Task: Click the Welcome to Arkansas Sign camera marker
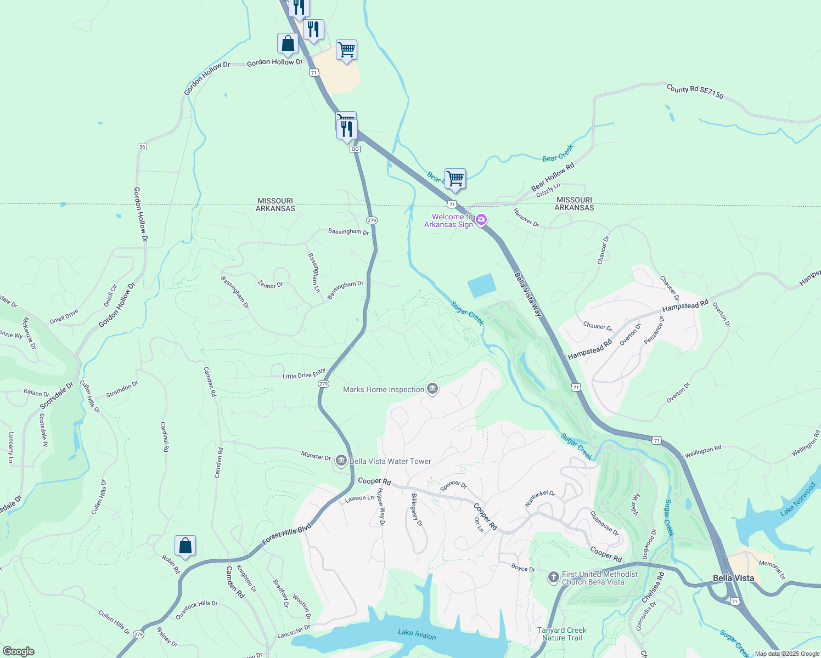(x=481, y=220)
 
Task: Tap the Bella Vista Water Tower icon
(x=341, y=461)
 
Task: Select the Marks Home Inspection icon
(x=432, y=389)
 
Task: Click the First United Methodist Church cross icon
(x=553, y=577)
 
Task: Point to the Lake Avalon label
(x=417, y=634)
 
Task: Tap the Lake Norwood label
(x=798, y=499)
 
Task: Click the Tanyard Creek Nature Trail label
(x=561, y=634)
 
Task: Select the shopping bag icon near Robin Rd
(x=185, y=546)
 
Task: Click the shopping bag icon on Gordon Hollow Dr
(x=288, y=44)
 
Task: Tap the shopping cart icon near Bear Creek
(x=455, y=179)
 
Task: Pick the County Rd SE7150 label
(x=695, y=91)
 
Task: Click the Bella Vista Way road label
(x=528, y=294)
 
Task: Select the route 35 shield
(x=142, y=147)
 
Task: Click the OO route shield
(x=355, y=149)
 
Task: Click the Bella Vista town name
(x=733, y=578)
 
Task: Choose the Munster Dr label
(x=316, y=456)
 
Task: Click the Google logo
(x=18, y=651)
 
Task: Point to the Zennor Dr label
(x=270, y=285)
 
